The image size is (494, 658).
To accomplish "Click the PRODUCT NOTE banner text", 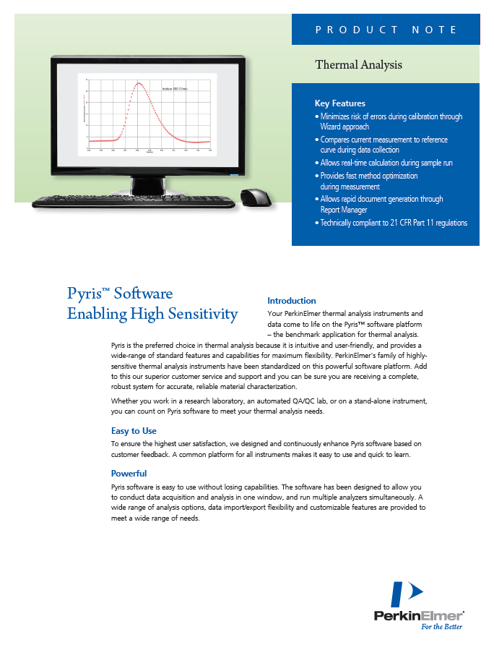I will [386, 30].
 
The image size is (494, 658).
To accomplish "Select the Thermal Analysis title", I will [358, 65].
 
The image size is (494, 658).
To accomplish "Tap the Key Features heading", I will [339, 103].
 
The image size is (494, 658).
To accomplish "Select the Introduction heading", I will [291, 300].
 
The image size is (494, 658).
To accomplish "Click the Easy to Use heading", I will [134, 431].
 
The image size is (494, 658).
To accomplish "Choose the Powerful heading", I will [129, 474].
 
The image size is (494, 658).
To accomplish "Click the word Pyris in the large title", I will [83, 294].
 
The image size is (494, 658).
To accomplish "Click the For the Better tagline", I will [441, 627].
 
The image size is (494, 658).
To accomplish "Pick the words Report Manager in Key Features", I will [344, 210].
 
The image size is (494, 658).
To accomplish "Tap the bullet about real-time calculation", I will [386, 163].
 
